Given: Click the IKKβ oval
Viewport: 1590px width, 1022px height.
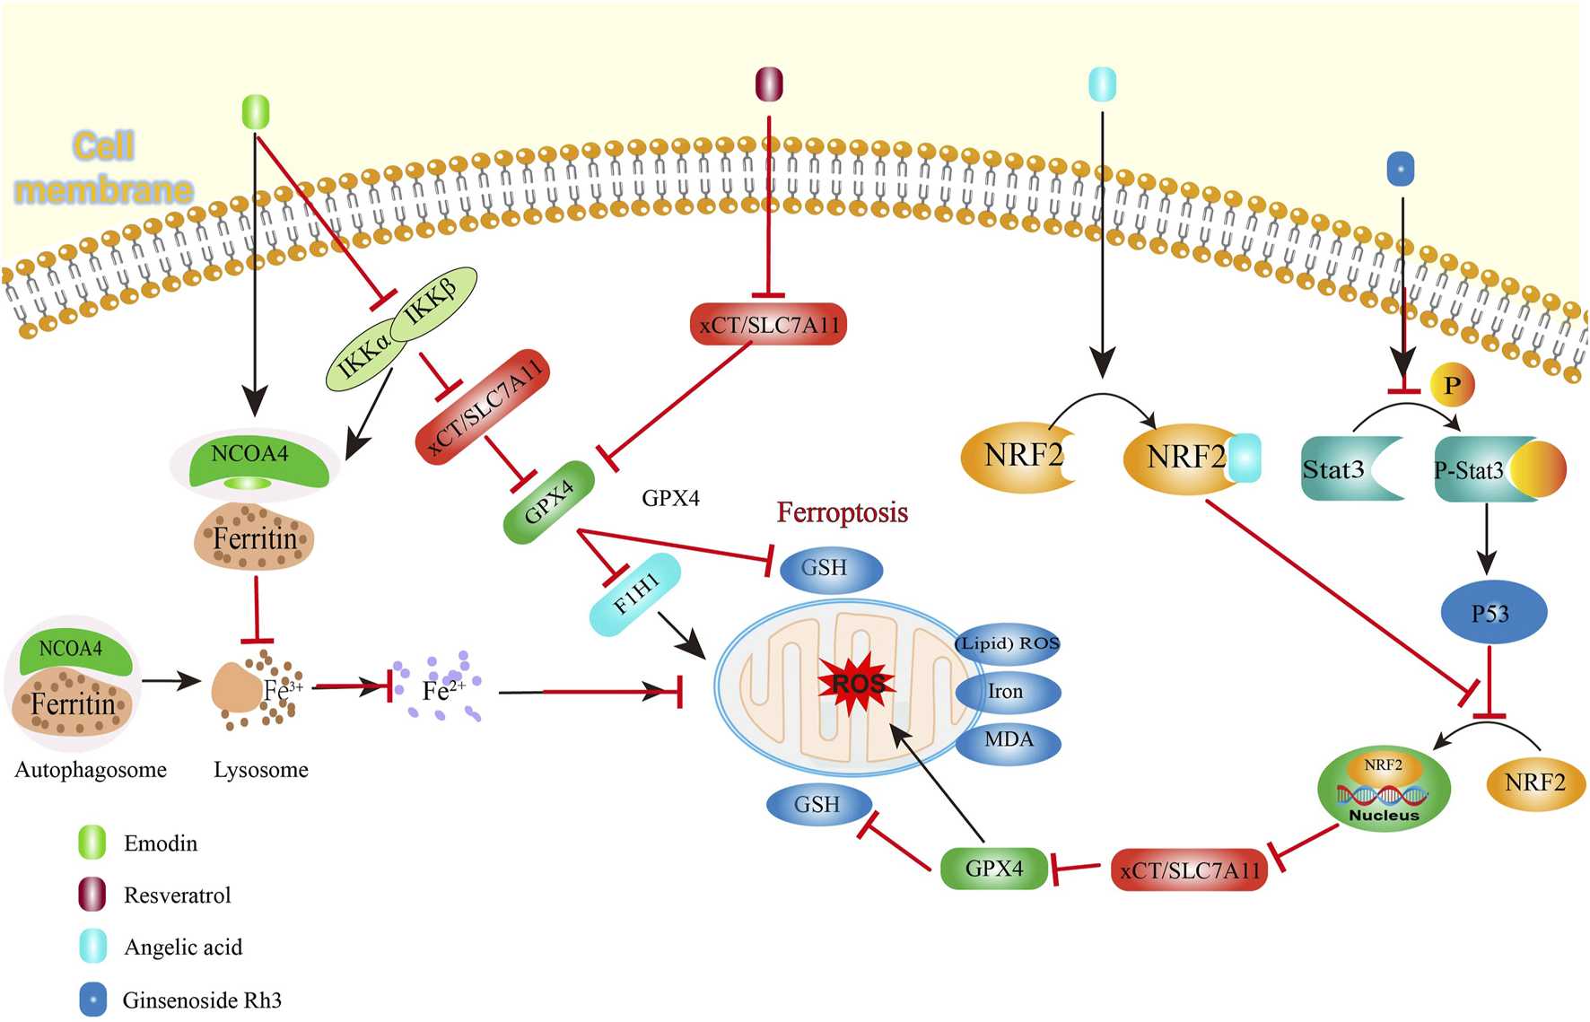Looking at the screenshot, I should (433, 303).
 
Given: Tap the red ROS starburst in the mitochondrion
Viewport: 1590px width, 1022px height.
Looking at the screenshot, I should (857, 684).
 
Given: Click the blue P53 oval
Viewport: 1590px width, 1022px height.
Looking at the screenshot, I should (1492, 613).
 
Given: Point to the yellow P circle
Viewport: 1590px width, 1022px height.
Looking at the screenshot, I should (1451, 386).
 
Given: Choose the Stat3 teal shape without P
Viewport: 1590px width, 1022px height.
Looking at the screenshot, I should (1341, 468).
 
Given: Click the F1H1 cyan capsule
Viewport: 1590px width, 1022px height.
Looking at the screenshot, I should (635, 595).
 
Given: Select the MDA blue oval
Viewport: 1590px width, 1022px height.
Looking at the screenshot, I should (1009, 740).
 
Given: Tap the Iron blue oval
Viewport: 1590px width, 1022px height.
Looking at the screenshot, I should (1007, 692).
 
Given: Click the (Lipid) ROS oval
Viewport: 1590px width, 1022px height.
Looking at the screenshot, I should (1007, 643).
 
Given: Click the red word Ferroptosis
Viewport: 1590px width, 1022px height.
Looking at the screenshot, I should (842, 512).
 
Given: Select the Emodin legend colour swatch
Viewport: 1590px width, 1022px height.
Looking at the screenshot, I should (92, 843).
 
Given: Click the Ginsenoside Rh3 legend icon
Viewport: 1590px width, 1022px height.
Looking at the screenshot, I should (92, 999).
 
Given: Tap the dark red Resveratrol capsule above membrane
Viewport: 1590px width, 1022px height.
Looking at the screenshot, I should (769, 84).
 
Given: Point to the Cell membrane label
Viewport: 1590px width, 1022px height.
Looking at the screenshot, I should (104, 168).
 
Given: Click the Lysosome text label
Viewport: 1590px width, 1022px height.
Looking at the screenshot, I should (261, 769).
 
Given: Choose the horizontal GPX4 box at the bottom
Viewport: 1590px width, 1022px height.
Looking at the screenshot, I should (993, 868).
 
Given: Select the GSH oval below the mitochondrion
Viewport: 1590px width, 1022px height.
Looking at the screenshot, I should (818, 804).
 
